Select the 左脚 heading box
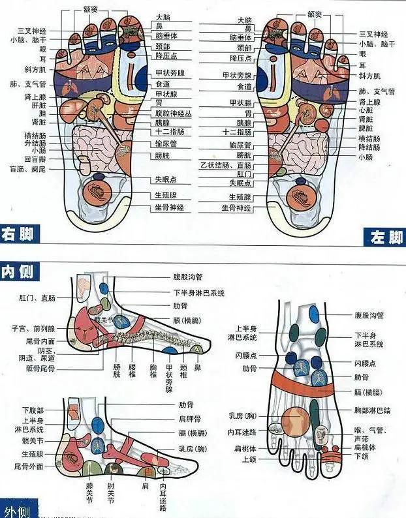[385, 237]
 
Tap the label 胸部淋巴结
[372, 410]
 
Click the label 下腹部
[32, 410]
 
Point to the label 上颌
[248, 459]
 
